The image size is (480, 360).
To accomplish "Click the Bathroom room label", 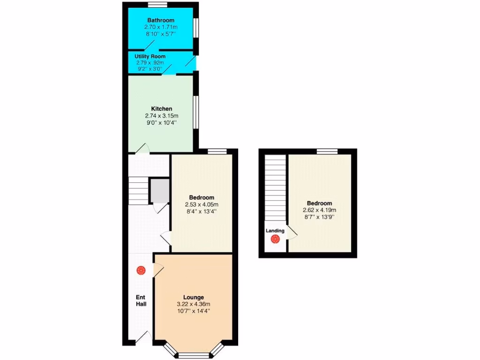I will click(161, 20).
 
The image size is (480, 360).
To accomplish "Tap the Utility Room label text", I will click(150, 56).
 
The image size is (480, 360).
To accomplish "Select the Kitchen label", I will click(161, 108).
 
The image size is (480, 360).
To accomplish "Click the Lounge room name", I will click(193, 297).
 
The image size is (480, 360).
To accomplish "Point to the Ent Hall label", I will click(141, 300).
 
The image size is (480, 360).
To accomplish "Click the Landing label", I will click(275, 231).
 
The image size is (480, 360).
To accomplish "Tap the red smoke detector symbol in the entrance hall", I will click(141, 270).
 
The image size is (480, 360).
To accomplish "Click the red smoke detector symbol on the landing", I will click(275, 240).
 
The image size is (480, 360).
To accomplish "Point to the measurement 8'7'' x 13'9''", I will click(320, 217).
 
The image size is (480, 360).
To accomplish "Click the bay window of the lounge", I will click(194, 352).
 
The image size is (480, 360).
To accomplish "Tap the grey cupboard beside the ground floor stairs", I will click(159, 190).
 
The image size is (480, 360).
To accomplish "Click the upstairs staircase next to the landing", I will click(275, 187).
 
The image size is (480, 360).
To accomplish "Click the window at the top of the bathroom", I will click(158, 5).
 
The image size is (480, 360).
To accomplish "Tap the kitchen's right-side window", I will click(196, 112).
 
